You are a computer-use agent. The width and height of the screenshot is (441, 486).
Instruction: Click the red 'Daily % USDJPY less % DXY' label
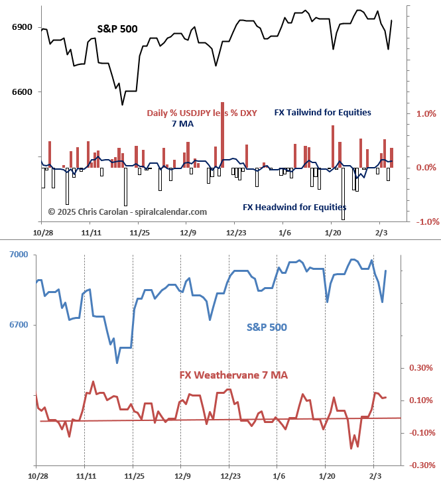pos(202,113)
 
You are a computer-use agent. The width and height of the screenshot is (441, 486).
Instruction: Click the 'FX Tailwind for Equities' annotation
pos(322,113)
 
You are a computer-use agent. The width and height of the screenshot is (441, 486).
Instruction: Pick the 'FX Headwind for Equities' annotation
pos(294,208)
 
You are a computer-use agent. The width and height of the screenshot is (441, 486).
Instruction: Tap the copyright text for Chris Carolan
pos(127,212)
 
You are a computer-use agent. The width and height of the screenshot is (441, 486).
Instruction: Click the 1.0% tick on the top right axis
pos(426,113)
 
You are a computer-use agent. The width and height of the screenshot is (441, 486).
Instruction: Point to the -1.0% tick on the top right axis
pos(424,222)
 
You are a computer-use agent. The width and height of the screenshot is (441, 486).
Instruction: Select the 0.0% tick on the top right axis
pos(426,168)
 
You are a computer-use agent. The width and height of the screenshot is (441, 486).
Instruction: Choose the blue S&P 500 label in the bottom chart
pos(267,327)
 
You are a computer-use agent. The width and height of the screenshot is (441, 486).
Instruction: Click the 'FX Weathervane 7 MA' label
pos(233,375)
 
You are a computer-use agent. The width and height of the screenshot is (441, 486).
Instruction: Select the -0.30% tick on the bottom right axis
pos(420,465)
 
